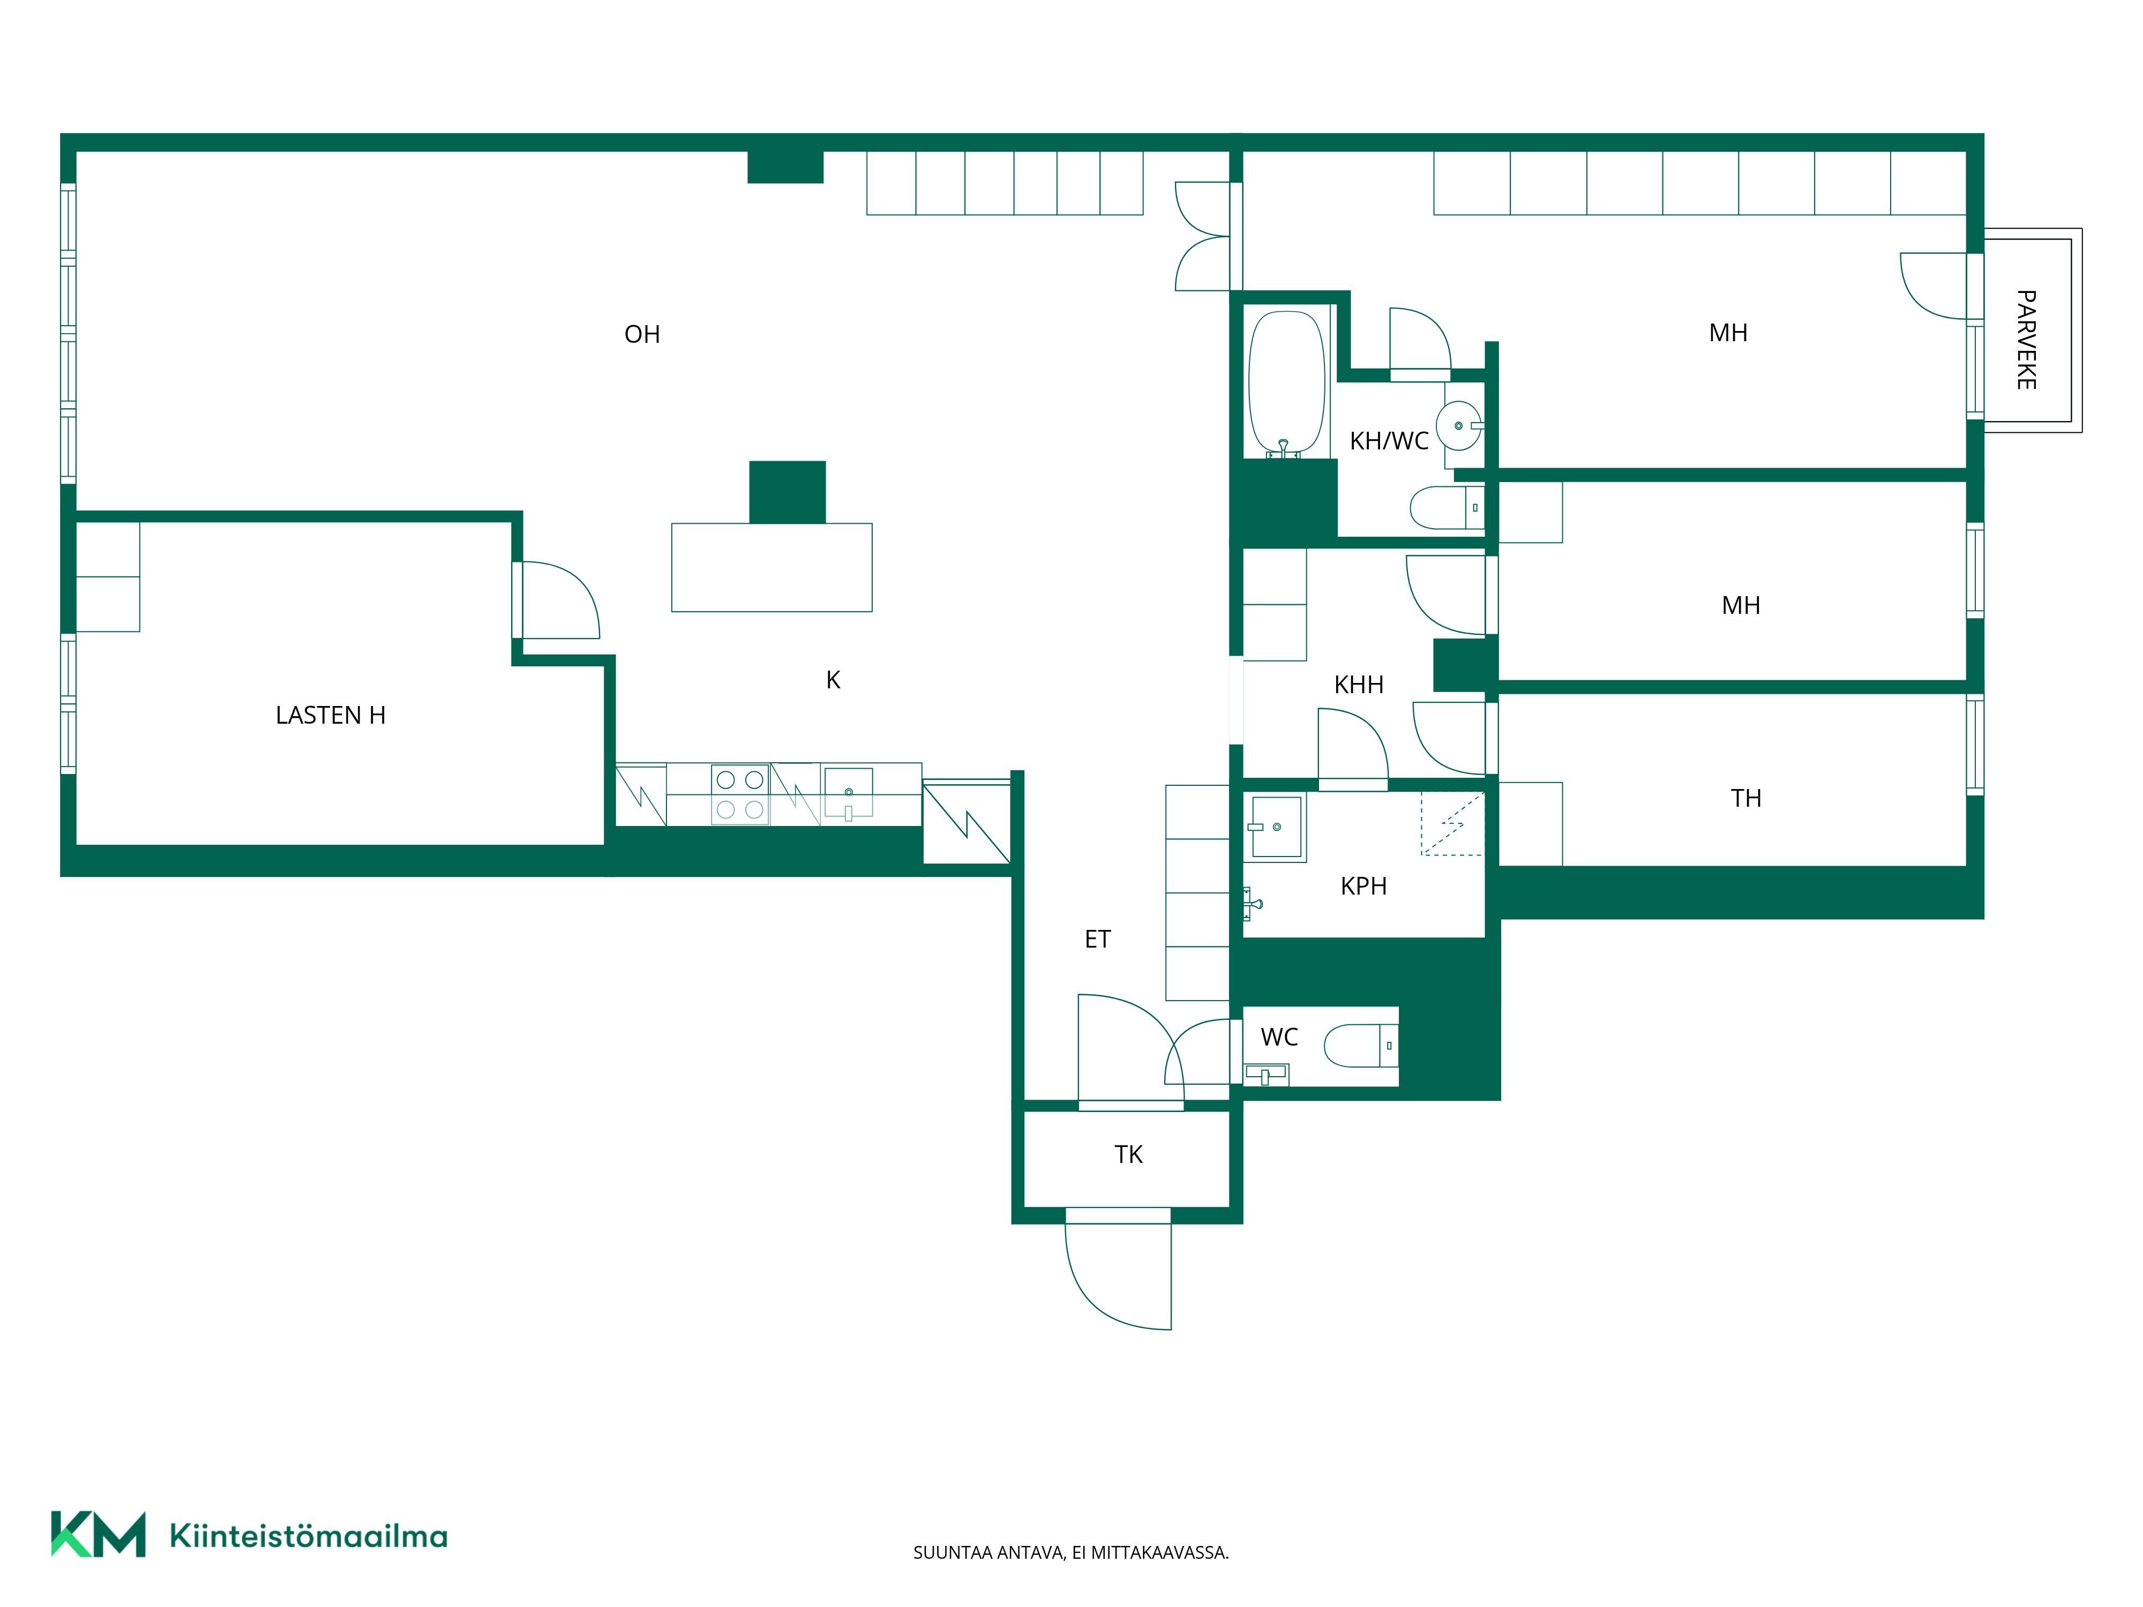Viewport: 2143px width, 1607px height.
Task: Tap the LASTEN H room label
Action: pos(331,715)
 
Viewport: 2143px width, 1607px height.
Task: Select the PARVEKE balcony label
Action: pos(2026,340)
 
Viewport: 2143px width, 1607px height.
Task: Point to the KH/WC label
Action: pos(1389,441)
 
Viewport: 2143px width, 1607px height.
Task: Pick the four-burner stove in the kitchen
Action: pos(740,794)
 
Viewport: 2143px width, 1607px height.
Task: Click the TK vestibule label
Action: pos(1129,1155)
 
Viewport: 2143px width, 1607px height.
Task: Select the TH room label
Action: pos(1746,798)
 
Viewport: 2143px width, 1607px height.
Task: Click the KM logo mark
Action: pos(98,1534)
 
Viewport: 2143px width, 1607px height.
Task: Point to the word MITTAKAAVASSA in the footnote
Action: pos(1160,1553)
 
